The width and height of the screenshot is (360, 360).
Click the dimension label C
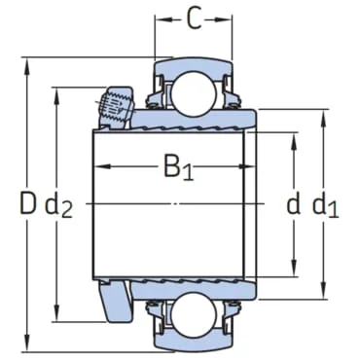pyautogui.click(x=195, y=19)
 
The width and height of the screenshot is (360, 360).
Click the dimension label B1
pyautogui.click(x=178, y=167)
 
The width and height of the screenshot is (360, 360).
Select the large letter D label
pyautogui.click(x=27, y=203)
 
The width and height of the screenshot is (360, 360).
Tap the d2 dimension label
pyautogui.click(x=58, y=205)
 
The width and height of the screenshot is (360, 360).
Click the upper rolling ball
pyautogui.click(x=194, y=93)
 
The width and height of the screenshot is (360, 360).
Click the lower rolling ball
pyautogui.click(x=194, y=314)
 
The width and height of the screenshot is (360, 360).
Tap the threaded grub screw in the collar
pyautogui.click(x=116, y=105)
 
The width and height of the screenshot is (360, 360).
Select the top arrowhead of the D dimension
pyautogui.click(x=27, y=66)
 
